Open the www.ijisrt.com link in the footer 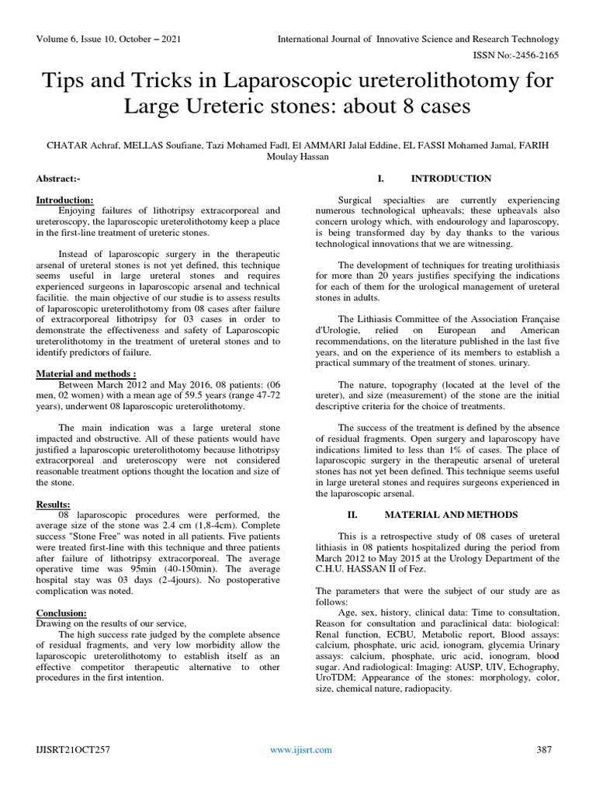[x=300, y=749]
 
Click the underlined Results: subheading [x=54, y=504]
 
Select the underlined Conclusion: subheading [x=61, y=613]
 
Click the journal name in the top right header [x=420, y=39]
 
